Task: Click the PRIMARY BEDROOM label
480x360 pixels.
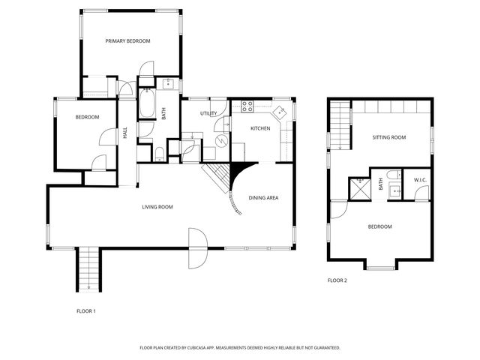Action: point(127,41)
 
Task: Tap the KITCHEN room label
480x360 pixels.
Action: point(260,129)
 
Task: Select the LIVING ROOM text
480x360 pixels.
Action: point(157,207)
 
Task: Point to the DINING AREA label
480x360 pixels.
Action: point(264,198)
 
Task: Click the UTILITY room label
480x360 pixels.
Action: point(208,113)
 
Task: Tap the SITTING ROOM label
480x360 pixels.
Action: point(388,137)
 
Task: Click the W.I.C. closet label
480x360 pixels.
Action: point(421,180)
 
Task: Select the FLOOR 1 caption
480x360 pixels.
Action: point(86,310)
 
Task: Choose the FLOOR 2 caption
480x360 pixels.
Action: point(337,280)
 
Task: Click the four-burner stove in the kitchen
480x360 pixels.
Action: point(247,106)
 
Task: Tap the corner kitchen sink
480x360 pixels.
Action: point(279,112)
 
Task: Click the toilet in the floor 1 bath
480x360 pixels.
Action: point(159,154)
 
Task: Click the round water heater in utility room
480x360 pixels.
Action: point(222,140)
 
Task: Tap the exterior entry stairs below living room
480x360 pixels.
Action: point(88,268)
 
